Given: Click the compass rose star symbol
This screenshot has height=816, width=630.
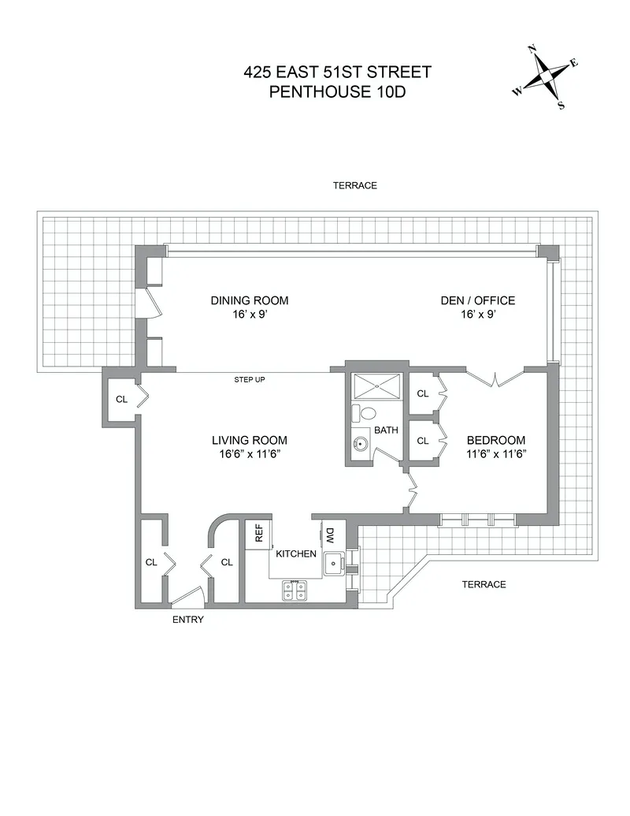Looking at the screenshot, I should click(x=545, y=76).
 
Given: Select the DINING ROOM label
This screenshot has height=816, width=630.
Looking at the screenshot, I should click(x=249, y=300).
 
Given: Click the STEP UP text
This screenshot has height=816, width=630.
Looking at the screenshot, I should click(x=249, y=380).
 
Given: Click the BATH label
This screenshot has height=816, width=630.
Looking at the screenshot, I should click(x=386, y=430).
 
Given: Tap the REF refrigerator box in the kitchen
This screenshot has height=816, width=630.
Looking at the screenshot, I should click(x=258, y=534).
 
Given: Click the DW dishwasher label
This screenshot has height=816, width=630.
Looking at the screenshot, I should click(x=330, y=535).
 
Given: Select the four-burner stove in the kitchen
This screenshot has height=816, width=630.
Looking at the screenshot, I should click(x=295, y=591).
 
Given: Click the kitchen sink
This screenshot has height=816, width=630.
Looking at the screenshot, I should click(x=334, y=562).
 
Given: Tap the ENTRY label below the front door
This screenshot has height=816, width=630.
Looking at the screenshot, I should click(x=187, y=620).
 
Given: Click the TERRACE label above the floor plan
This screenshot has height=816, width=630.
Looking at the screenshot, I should click(x=354, y=186).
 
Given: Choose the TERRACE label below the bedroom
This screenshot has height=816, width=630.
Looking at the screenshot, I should click(x=483, y=584).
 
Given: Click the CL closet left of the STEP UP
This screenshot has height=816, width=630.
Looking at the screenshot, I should click(x=121, y=399).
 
